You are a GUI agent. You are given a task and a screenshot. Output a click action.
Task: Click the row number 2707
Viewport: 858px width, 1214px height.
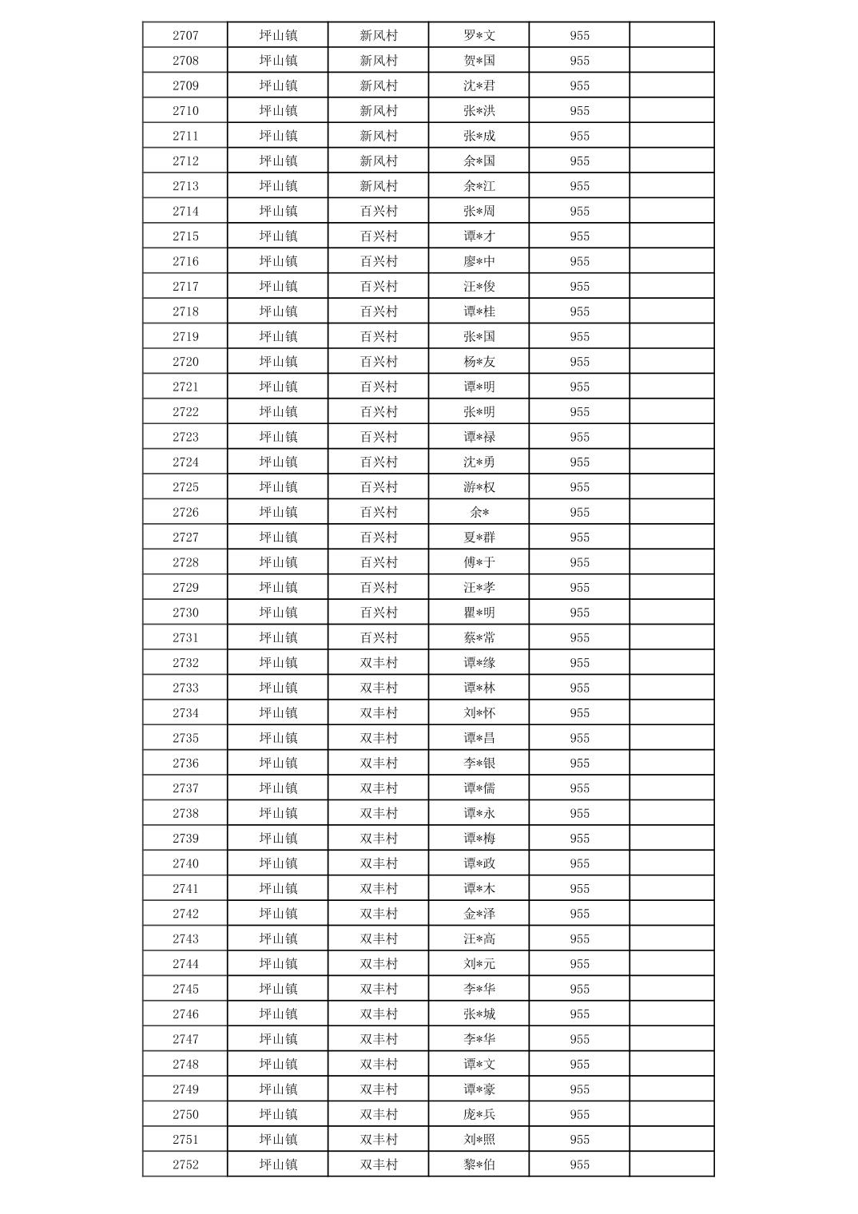point(185,35)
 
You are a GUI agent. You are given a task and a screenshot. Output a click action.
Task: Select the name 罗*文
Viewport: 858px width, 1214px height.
point(479,35)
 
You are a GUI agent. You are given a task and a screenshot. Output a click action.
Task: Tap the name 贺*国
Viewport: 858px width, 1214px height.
point(479,61)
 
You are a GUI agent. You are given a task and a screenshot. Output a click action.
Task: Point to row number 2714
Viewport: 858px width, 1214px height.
point(185,211)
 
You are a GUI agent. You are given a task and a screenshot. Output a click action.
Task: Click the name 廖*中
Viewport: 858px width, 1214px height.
point(479,261)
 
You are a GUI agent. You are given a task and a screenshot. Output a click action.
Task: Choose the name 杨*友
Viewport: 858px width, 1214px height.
point(479,362)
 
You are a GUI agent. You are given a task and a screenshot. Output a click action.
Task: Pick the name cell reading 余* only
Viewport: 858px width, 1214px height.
point(479,512)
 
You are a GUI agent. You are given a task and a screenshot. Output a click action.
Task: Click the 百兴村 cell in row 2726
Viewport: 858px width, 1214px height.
point(379,512)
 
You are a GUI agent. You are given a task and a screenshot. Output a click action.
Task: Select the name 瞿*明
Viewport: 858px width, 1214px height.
point(479,613)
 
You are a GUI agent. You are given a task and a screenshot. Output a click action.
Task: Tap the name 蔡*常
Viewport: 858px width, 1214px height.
point(479,637)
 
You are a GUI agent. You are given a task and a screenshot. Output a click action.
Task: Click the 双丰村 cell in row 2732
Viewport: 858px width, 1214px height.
point(379,663)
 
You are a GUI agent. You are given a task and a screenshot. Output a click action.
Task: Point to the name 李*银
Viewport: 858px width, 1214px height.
point(479,763)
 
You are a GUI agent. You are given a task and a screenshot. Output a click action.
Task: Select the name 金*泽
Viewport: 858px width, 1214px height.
point(479,914)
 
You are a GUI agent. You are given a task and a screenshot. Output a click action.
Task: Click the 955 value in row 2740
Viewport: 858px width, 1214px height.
point(580,863)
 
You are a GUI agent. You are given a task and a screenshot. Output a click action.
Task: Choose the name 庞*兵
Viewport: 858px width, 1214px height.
point(479,1114)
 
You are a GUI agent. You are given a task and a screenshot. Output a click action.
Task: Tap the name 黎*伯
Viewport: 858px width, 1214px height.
point(479,1164)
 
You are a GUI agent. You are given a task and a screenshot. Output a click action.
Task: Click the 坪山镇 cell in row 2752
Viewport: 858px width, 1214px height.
point(278,1164)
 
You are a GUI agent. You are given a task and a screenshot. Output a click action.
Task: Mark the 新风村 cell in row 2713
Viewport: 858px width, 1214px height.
point(379,186)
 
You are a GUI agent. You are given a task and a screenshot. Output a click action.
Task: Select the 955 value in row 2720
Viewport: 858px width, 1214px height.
point(580,362)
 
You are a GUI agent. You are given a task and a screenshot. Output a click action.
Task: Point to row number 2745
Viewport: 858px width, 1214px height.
point(185,989)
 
